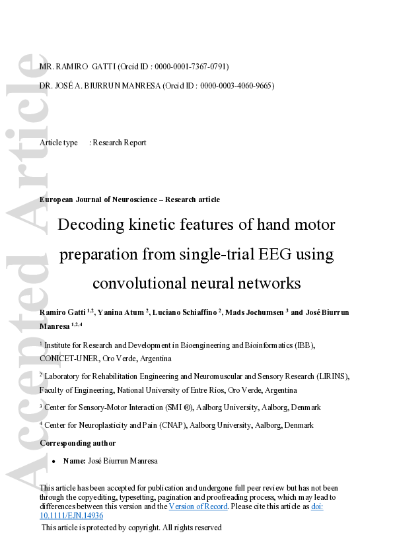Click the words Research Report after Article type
[x=120, y=143]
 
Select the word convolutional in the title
[x=135, y=284]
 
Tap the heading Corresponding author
[x=78, y=442]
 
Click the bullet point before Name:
[x=54, y=461]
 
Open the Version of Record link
[x=198, y=506]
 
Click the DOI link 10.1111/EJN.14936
[x=71, y=516]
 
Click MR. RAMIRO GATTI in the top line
[x=73, y=67]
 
